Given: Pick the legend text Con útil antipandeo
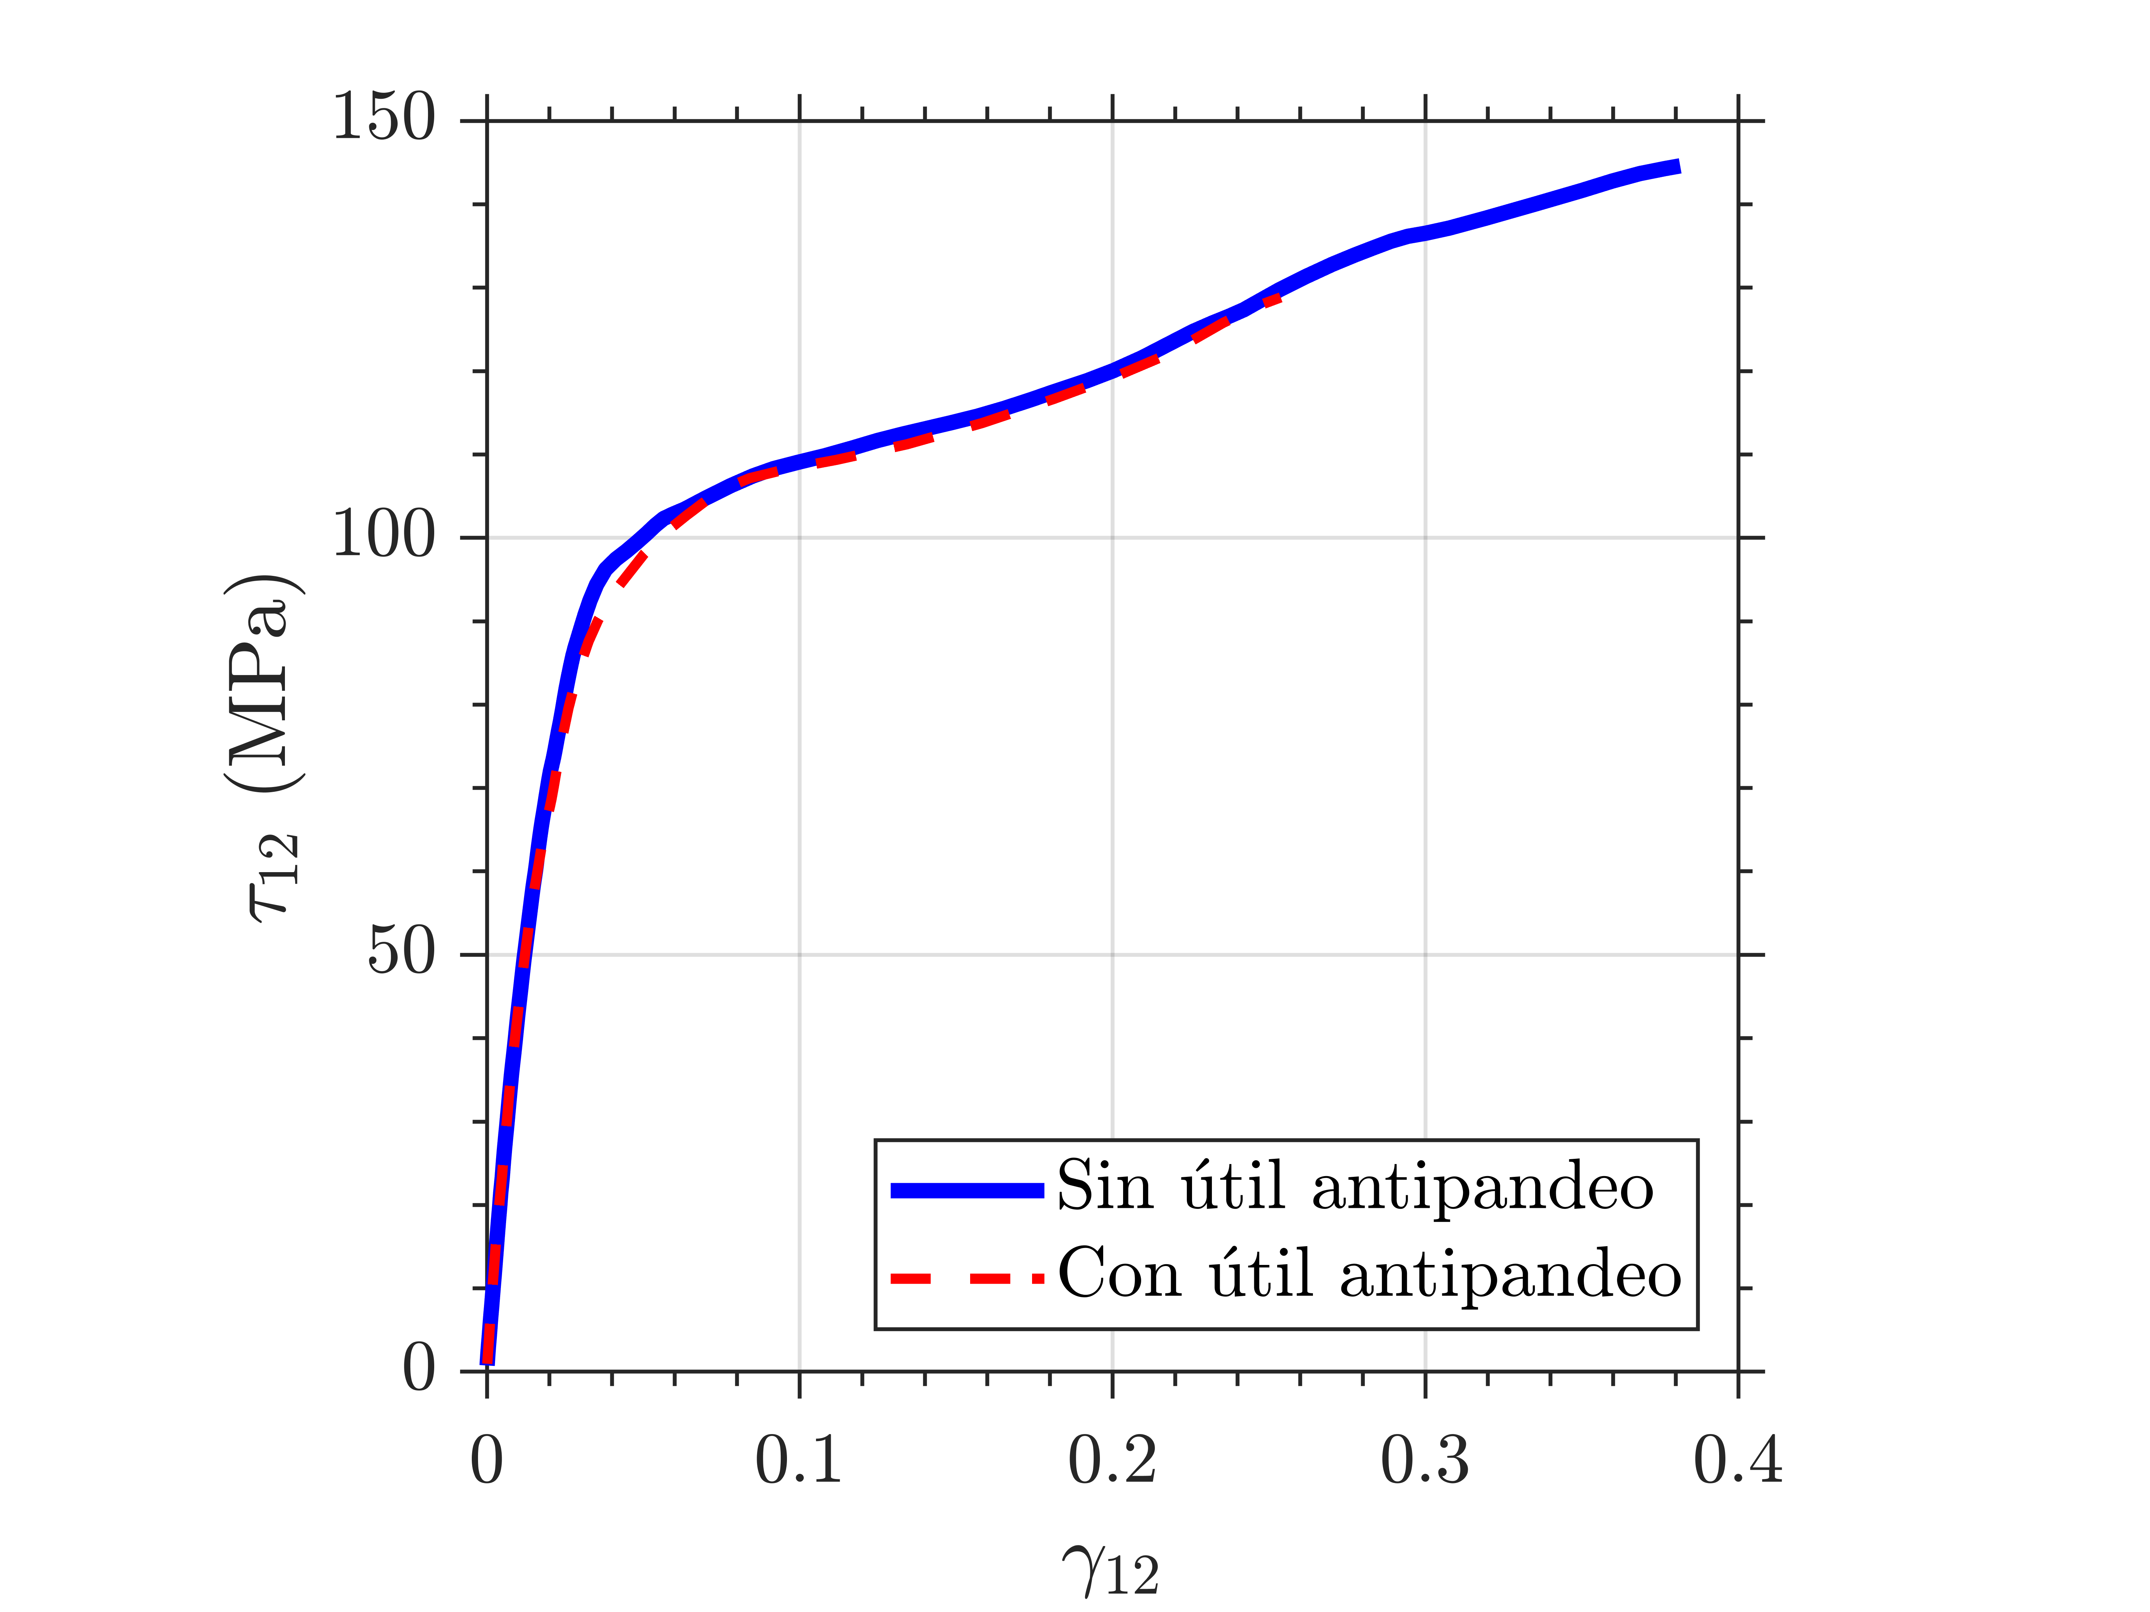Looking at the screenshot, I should pos(1369,1274).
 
